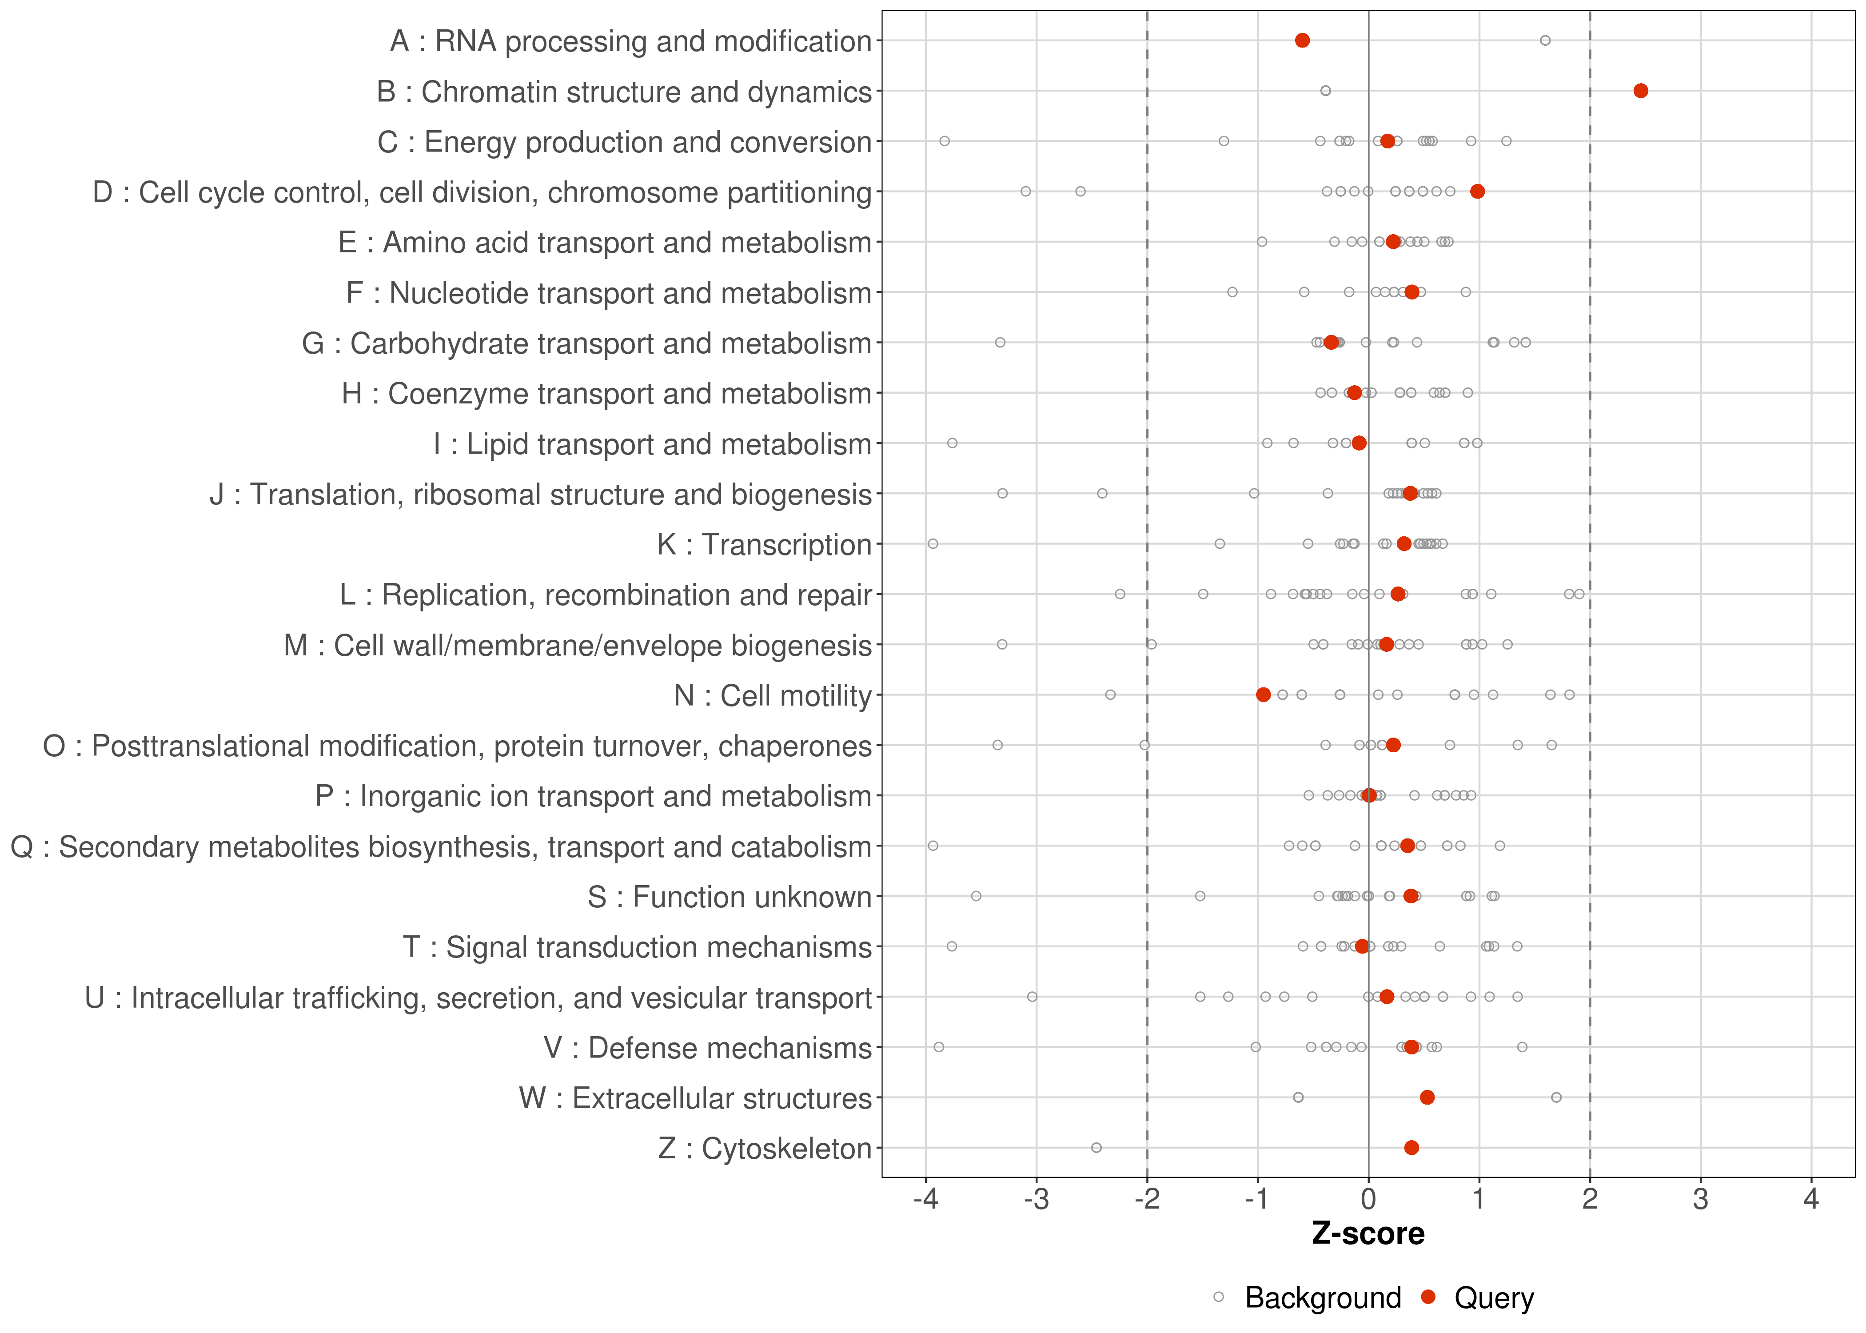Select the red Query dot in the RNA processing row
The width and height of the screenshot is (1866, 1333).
[x=1302, y=40]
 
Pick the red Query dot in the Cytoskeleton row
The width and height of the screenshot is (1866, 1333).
[x=1411, y=1148]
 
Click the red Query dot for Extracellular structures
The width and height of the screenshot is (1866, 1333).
[x=1427, y=1098]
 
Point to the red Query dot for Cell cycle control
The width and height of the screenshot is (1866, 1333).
[x=1478, y=191]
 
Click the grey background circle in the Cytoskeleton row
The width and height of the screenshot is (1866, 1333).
[x=1096, y=1148]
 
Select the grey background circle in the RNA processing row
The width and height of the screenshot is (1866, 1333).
[x=1545, y=40]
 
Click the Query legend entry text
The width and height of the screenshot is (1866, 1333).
[x=1494, y=1298]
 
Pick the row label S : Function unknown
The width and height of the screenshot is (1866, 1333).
[x=730, y=897]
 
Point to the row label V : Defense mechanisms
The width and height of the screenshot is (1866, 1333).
[x=707, y=1048]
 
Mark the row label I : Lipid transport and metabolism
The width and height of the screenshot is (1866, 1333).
[x=652, y=444]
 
